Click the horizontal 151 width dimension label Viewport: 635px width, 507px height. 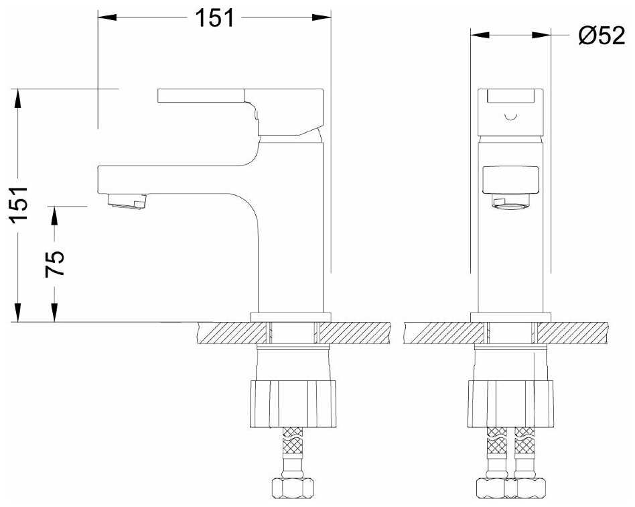click(214, 18)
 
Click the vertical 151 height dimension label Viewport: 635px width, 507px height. click(19, 205)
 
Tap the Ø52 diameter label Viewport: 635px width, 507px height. click(602, 36)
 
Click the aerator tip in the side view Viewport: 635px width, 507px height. click(127, 201)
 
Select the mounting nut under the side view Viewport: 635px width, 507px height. click(293, 404)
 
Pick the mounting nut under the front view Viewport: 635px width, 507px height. click(510, 404)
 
